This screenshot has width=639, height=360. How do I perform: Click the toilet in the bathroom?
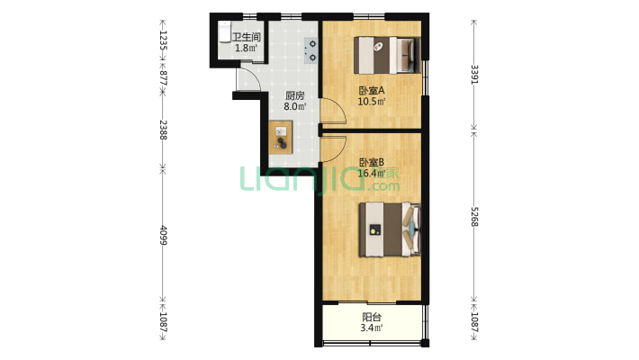point(224,31)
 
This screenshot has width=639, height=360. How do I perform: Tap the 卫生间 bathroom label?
point(247,37)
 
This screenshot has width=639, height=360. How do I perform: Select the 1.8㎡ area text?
point(247,48)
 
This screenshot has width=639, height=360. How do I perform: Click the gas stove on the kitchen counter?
point(311,50)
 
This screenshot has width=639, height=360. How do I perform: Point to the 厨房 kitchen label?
point(294,95)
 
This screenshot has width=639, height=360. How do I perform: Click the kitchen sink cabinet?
point(281,137)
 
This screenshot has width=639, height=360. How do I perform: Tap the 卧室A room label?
point(372,90)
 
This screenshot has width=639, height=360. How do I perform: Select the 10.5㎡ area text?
point(372,102)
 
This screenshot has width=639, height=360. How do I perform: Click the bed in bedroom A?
point(387,55)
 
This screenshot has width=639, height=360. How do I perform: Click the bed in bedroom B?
point(390,229)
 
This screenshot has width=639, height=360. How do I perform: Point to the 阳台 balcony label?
point(372,317)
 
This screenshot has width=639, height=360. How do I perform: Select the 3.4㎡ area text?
point(372,328)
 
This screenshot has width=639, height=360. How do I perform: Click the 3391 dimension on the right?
point(474,74)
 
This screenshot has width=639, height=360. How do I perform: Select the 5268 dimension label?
point(474,217)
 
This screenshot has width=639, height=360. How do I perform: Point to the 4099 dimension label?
point(163,235)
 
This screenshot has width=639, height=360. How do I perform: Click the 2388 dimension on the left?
point(163,130)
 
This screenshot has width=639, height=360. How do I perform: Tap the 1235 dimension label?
point(163,40)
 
